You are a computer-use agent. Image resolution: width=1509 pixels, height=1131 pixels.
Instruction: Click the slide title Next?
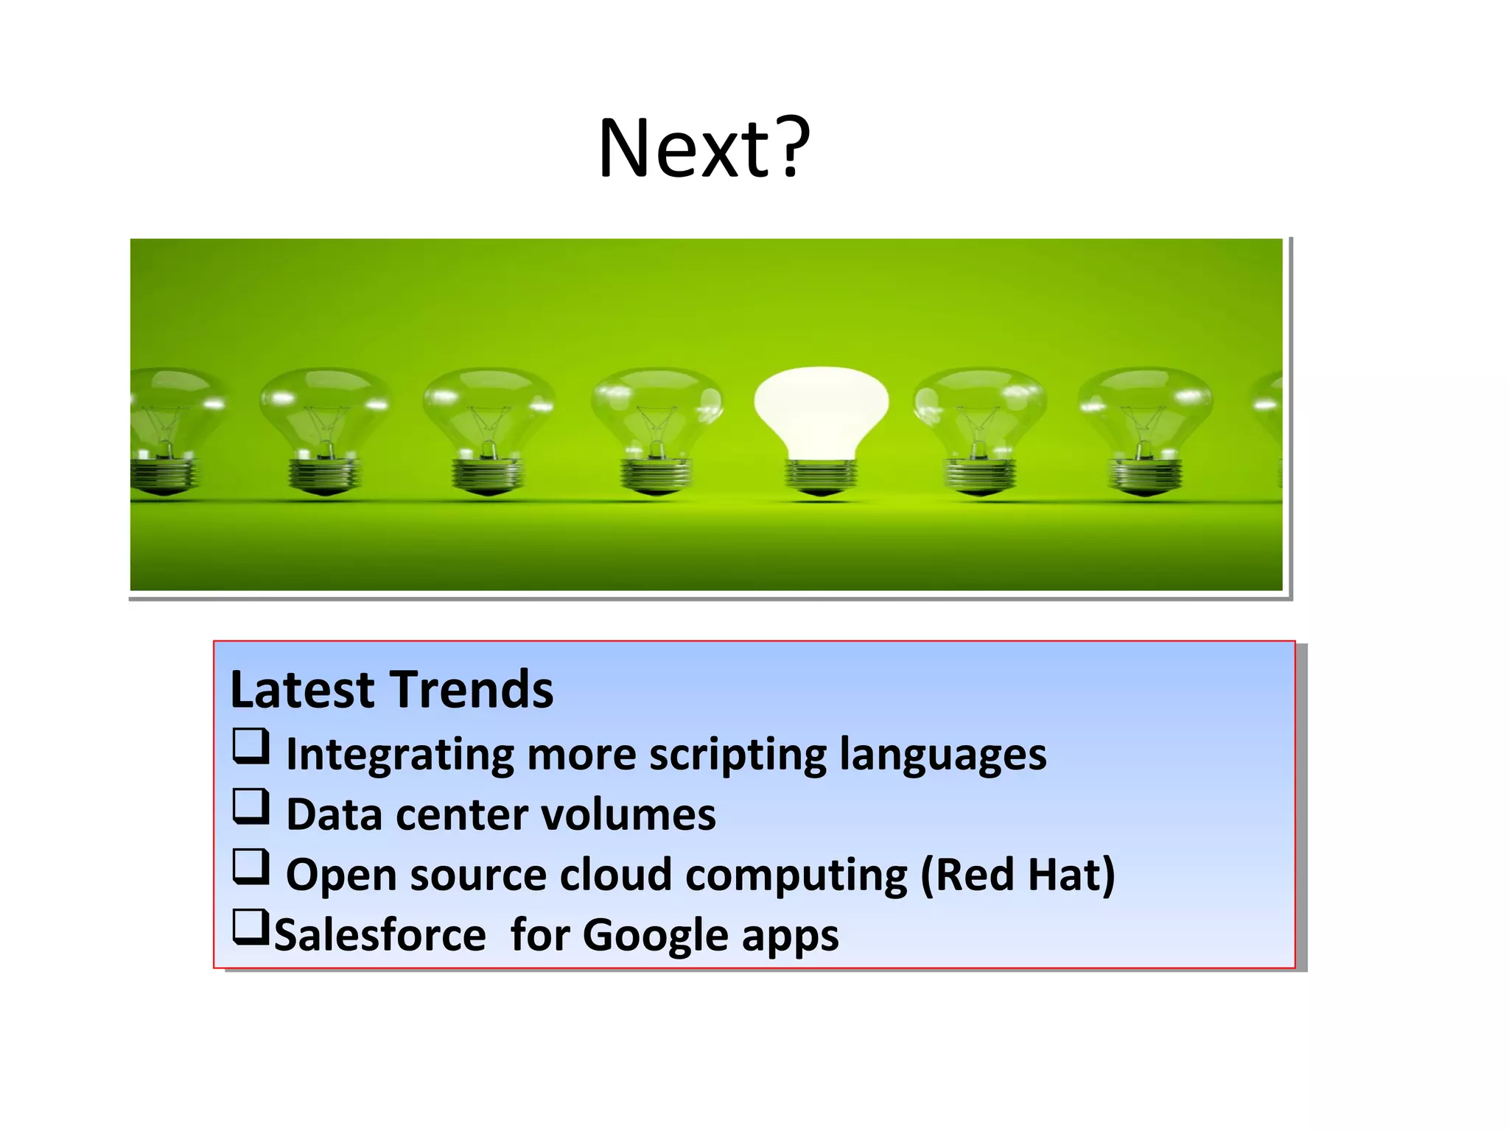704,149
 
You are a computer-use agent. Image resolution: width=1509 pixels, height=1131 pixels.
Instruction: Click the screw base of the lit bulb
821,477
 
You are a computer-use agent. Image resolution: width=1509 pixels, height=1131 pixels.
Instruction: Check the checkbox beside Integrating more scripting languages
251,746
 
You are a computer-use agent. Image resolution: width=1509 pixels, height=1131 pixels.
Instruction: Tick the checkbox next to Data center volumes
251,806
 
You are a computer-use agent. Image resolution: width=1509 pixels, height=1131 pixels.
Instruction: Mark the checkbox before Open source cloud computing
251,867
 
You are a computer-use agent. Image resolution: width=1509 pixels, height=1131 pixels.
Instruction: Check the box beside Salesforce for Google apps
251,927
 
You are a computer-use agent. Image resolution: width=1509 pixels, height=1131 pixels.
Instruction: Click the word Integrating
400,755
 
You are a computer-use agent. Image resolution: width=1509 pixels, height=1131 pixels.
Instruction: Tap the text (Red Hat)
1018,875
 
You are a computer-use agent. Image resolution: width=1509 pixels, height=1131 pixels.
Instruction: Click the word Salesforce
380,936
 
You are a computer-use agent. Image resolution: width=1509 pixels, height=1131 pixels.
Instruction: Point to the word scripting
738,755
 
